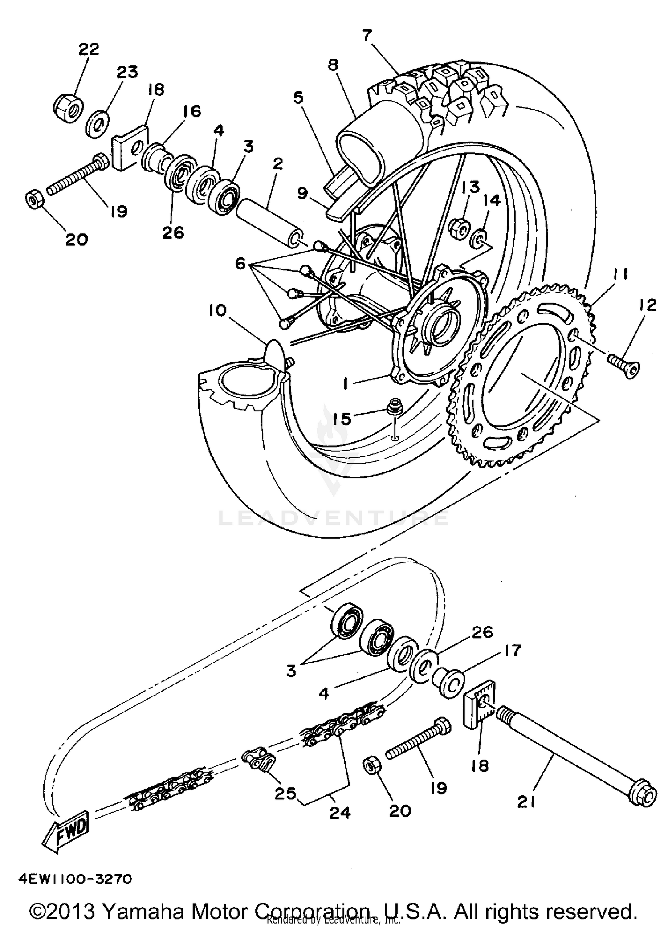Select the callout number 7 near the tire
point(367,36)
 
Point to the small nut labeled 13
point(458,227)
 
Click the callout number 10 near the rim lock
point(217,310)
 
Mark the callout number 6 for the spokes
point(240,264)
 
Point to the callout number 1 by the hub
point(346,383)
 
